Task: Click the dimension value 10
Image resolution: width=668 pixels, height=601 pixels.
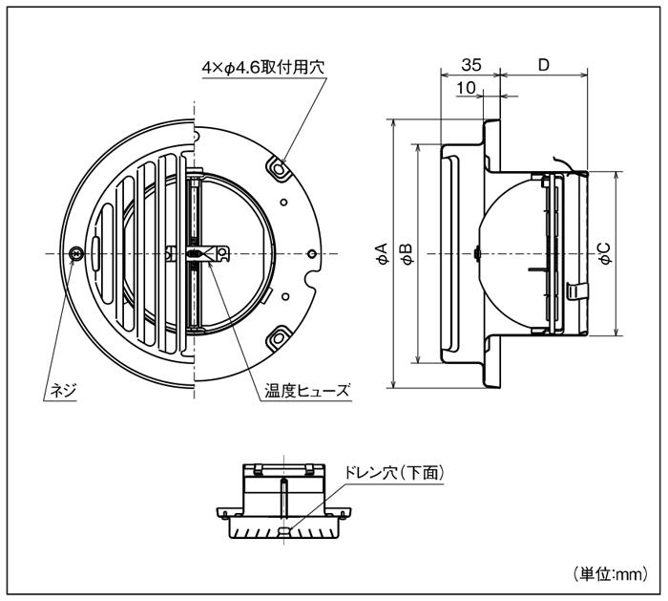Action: coord(467,89)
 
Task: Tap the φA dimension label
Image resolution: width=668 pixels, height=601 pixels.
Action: coord(381,253)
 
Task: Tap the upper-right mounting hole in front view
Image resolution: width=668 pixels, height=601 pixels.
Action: coord(280,168)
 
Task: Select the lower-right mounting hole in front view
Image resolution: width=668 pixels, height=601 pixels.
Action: coord(280,336)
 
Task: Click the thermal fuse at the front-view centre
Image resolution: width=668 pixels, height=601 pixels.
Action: coord(197,253)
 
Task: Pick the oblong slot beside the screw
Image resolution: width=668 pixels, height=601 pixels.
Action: coord(99,253)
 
